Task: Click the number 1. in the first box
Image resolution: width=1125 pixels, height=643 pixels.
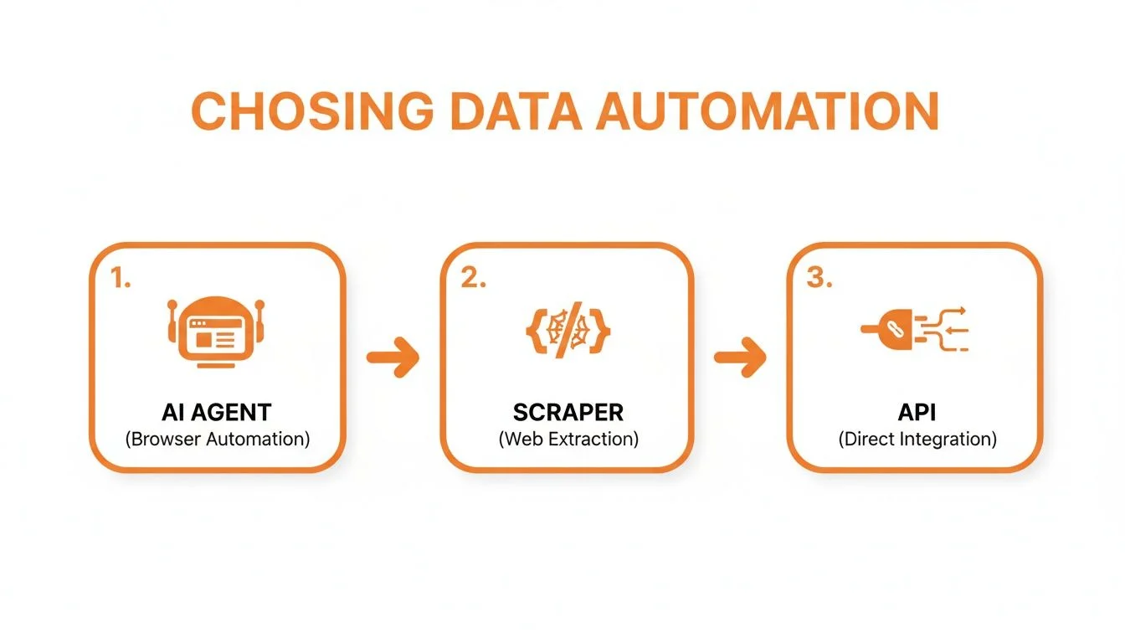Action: pos(121,280)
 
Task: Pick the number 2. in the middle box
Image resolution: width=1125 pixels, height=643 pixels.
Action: pos(473,280)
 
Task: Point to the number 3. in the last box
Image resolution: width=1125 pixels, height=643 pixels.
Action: pos(819,280)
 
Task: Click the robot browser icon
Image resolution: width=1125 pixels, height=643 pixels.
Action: pos(217,332)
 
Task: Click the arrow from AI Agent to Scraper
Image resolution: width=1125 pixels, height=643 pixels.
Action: pos(393,358)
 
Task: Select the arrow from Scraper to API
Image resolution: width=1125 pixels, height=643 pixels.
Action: pos(740,358)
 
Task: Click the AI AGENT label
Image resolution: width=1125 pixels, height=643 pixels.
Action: pos(217,412)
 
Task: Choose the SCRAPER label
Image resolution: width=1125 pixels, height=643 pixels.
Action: pos(568,412)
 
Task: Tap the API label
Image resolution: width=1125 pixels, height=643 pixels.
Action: pos(917,412)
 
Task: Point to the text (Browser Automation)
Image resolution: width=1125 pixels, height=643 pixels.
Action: pos(217,439)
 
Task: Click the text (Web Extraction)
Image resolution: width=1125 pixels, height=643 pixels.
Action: pos(568,439)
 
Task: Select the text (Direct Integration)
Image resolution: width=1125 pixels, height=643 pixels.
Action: pos(917,439)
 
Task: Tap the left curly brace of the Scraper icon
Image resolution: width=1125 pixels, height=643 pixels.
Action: pos(532,331)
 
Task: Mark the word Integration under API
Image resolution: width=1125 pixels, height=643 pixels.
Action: pos(945,439)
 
